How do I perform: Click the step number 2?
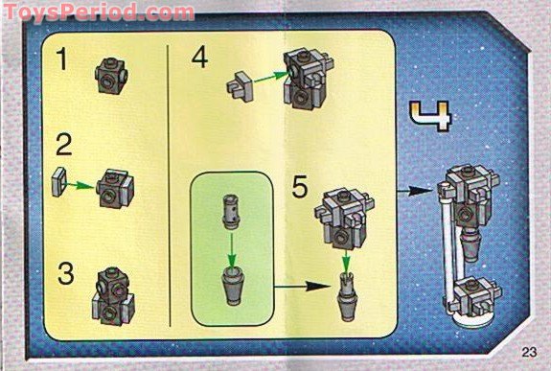[64, 148]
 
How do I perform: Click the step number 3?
[64, 273]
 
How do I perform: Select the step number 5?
[300, 185]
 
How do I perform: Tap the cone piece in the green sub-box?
[233, 285]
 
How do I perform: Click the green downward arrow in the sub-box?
[233, 250]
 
